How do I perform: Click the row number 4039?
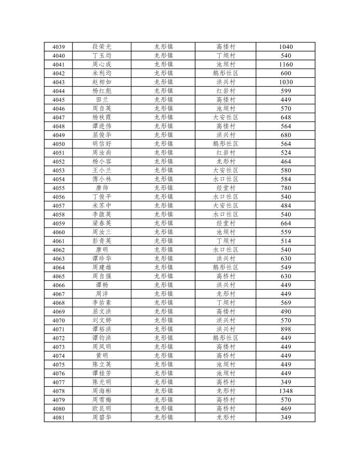click(59, 47)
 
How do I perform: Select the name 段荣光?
click(102, 47)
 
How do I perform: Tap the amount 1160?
click(286, 65)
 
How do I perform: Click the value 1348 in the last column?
click(286, 391)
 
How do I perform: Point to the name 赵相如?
click(102, 82)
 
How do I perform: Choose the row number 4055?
click(59, 188)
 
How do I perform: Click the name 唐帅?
click(102, 188)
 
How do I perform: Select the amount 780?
click(286, 188)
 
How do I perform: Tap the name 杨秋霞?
click(102, 117)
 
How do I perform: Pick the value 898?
click(286, 329)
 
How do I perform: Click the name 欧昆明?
click(102, 409)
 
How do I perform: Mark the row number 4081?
click(59, 417)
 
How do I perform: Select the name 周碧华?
click(102, 417)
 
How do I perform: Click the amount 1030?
click(286, 82)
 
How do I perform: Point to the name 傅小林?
click(102, 179)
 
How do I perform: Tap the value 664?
click(286, 223)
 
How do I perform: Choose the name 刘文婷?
click(102, 320)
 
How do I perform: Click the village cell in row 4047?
click(225, 117)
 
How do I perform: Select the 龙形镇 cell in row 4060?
click(163, 232)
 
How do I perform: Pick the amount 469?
click(286, 409)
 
